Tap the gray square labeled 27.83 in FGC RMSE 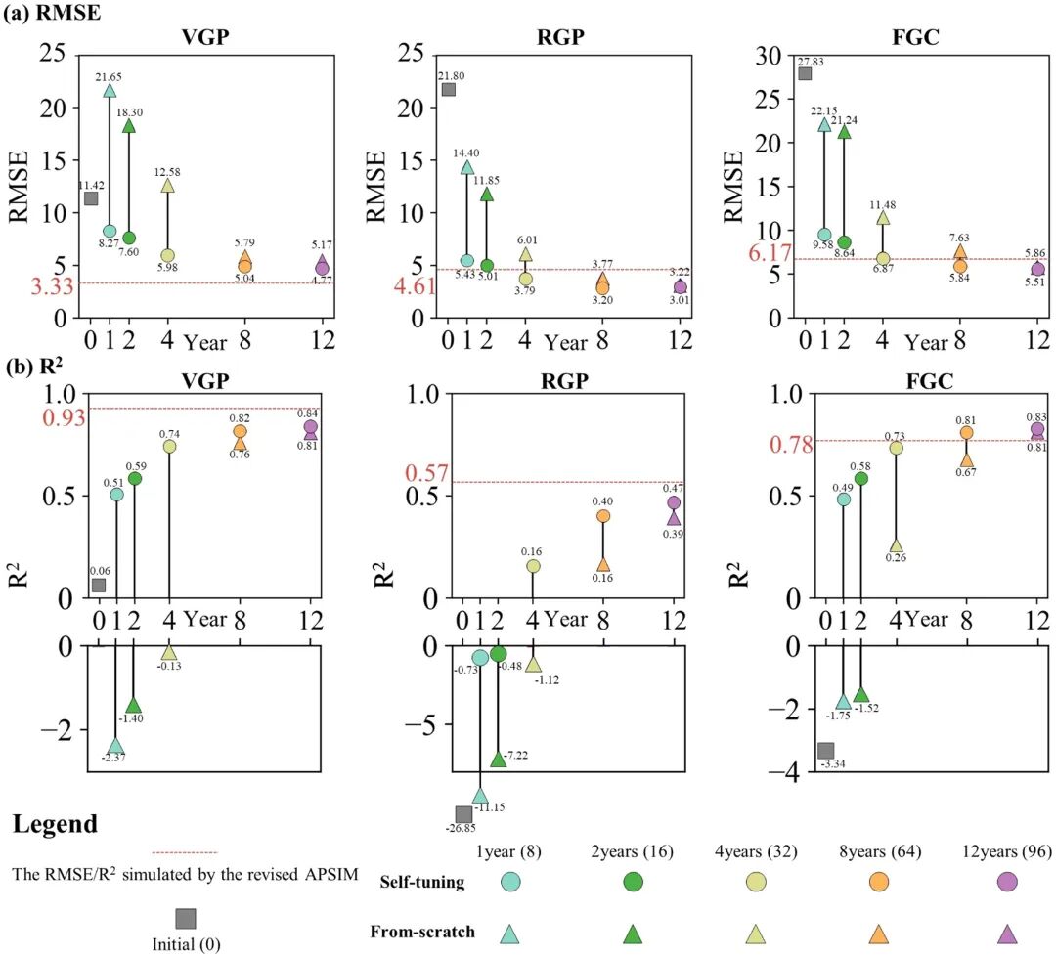(x=805, y=73)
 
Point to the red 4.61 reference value (x=413, y=286)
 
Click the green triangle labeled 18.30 (x=128, y=125)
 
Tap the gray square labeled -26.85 (x=463, y=814)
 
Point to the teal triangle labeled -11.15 (x=480, y=796)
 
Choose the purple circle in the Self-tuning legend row (x=1007, y=882)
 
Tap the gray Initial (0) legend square (x=185, y=918)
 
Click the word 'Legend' (x=56, y=824)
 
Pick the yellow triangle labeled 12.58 (x=167, y=185)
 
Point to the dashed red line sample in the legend (x=185, y=852)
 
